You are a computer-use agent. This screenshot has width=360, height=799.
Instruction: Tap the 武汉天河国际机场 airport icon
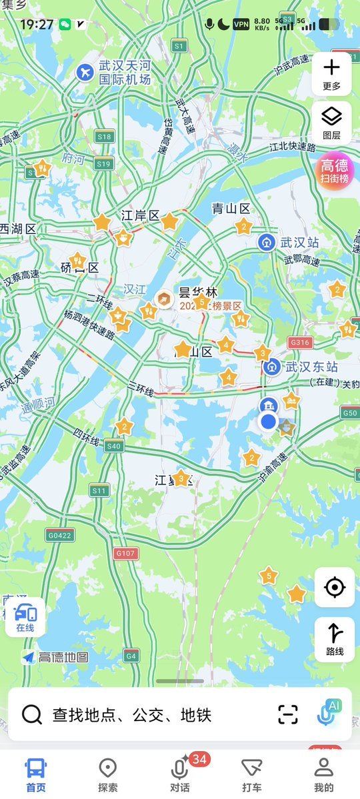click(85, 72)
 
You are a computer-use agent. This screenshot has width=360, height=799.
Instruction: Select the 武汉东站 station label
click(311, 367)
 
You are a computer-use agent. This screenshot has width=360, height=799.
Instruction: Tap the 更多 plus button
click(331, 73)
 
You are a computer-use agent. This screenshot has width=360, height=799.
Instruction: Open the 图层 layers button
click(331, 123)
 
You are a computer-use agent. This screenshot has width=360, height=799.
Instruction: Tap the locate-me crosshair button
click(334, 587)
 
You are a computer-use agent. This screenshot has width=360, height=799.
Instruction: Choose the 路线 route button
click(334, 639)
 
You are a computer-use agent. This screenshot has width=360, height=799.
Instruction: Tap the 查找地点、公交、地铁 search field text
click(132, 715)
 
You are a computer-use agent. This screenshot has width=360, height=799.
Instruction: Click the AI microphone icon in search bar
click(329, 713)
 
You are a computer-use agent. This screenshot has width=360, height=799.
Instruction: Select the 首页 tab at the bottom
click(36, 775)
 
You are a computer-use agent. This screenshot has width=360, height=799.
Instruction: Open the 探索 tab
click(108, 775)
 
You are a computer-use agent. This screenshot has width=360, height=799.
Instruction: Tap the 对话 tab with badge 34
click(180, 775)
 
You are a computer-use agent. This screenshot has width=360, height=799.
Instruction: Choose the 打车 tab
click(252, 775)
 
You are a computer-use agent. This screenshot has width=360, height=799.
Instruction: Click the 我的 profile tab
click(324, 775)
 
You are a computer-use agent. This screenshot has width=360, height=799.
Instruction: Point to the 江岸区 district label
click(141, 216)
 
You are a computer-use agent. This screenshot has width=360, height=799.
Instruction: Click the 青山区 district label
click(231, 209)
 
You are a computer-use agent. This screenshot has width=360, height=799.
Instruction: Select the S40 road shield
click(114, 446)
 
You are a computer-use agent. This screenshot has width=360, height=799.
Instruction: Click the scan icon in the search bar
click(288, 714)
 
